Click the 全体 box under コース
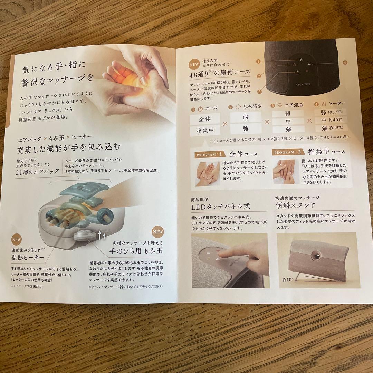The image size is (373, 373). pos(205,119)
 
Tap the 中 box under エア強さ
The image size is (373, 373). pos(288,122)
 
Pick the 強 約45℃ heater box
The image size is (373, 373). pos(332,128)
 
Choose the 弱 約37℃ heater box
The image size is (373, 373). pos(332,113)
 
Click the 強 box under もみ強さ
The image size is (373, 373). pos(245,129)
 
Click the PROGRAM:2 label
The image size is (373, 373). pos(288,152)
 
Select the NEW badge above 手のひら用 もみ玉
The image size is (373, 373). pos(158,231)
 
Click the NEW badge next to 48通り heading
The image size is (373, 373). pos(194,64)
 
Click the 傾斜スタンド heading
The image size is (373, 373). pos(295,205)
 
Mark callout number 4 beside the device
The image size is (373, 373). pos(345,63)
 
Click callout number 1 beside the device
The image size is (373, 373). pos(258,61)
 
